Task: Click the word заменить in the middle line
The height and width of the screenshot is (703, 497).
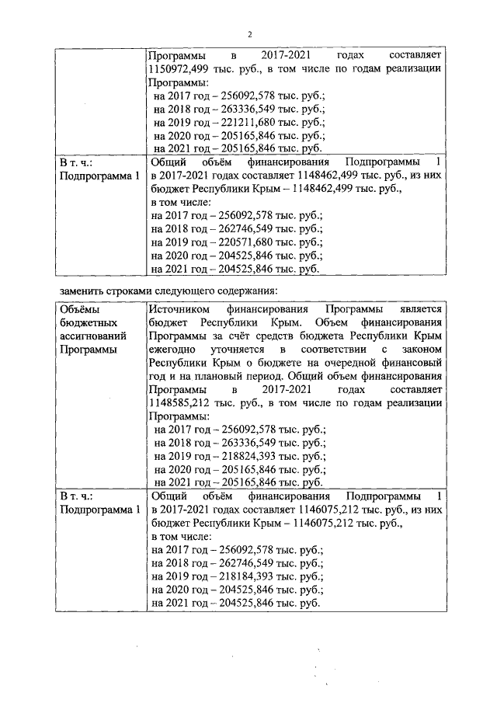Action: point(82,291)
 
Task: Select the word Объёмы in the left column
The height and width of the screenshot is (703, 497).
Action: point(79,309)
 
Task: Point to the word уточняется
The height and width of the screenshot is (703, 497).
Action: point(247,350)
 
